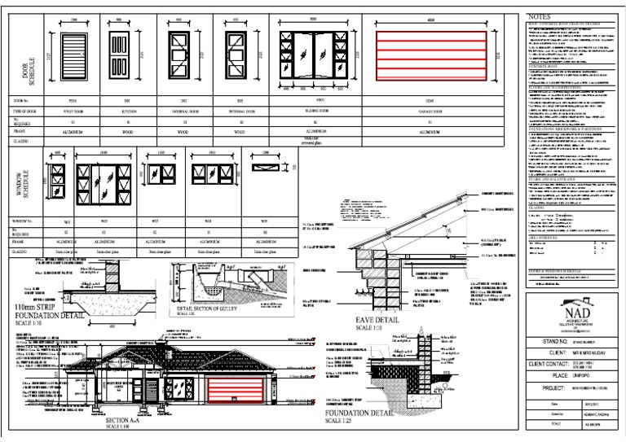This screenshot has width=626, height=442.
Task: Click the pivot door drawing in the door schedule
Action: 73,55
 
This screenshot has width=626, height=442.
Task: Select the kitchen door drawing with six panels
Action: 123,55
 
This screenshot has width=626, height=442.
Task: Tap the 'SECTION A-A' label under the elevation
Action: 127,420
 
